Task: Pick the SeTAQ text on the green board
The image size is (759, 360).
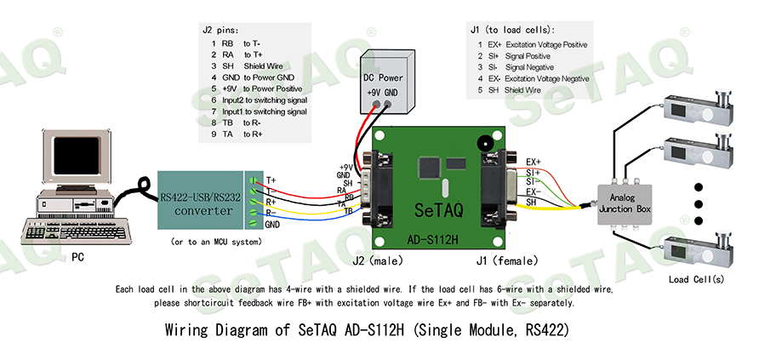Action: [435, 209]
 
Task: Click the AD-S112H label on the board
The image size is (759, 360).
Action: [433, 239]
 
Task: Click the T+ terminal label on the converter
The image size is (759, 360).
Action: [271, 180]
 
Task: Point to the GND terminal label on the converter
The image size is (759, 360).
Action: [272, 225]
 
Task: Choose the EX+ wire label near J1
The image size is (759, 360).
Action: [534, 162]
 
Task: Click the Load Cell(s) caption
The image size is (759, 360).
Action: [696, 279]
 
